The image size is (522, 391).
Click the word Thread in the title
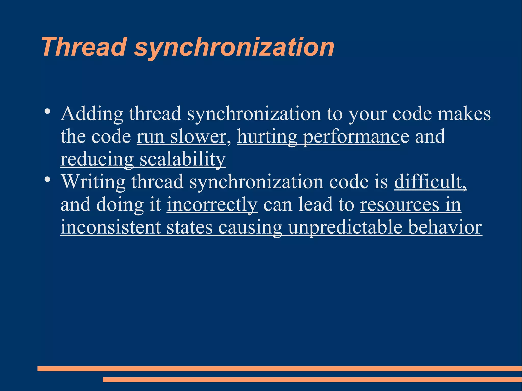point(84,47)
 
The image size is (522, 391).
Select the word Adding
point(92,114)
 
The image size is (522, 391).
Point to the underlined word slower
point(198,137)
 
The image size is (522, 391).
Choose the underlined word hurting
point(267,137)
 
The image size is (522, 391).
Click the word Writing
point(93,182)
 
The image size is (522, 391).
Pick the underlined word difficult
point(430,182)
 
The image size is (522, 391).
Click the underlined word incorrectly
point(212,205)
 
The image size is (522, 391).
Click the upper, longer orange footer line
point(279,368)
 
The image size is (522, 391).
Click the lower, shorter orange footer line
point(312,380)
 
